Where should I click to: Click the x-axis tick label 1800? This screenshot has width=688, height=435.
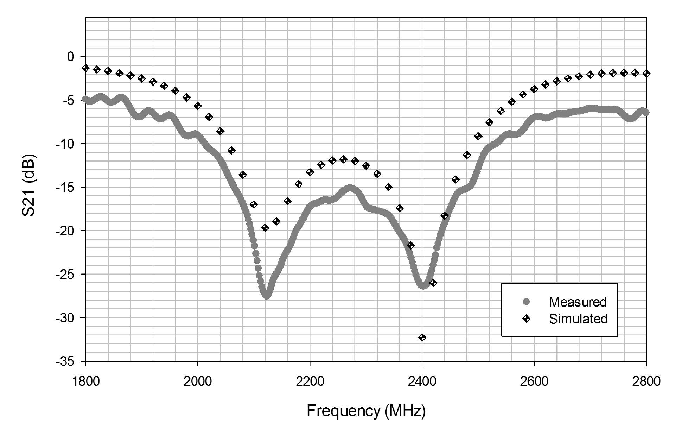(x=85, y=382)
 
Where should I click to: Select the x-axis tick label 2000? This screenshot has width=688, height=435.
(x=198, y=382)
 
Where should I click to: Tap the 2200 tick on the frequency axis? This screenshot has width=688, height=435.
(x=310, y=382)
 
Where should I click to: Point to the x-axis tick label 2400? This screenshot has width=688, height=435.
(x=422, y=382)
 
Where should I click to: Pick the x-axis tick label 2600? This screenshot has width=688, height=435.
(x=534, y=382)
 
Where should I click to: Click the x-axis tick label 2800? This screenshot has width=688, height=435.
(x=646, y=382)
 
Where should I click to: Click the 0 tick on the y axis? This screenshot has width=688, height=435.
(x=71, y=57)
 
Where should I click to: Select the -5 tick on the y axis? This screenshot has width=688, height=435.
(x=69, y=100)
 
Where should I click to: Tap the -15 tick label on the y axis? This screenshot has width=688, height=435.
(x=65, y=187)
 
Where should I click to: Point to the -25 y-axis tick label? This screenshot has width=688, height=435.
(x=65, y=274)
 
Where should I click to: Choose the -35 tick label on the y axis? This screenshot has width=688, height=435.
(x=65, y=361)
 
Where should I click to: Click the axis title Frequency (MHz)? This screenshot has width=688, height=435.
(x=366, y=411)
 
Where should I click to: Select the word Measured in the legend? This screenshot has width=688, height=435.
(x=578, y=302)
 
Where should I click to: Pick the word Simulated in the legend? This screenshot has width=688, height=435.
(x=578, y=319)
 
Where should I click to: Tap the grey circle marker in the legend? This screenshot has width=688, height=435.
(x=526, y=302)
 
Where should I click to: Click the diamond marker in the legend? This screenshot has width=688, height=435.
(x=526, y=319)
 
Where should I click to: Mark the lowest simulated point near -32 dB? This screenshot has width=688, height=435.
(x=422, y=338)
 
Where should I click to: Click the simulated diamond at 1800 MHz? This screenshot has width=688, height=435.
(x=85, y=68)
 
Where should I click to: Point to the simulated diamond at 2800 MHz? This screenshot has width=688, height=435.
(x=646, y=73)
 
